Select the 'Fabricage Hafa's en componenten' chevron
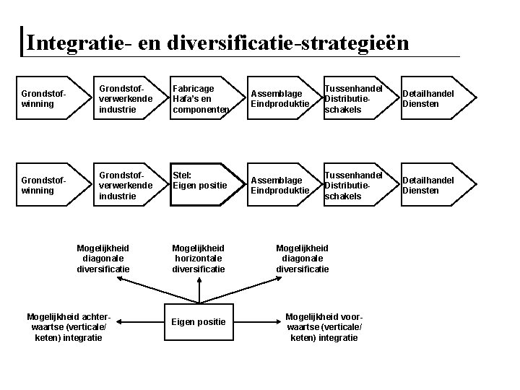point(201,99)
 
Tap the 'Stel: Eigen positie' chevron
point(201,186)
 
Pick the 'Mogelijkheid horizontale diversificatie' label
point(199,259)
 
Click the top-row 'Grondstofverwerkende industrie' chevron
point(124,99)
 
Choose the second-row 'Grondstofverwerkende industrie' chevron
point(124,186)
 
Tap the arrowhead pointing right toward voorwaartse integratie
point(277,321)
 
